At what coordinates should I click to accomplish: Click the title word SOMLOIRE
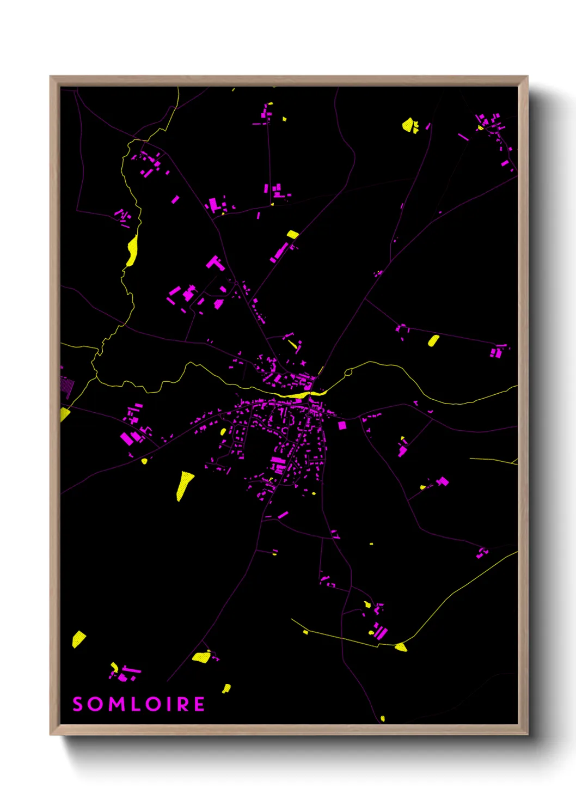tap(139, 704)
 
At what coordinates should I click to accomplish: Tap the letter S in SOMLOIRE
tap(78, 704)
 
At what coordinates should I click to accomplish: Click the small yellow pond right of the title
tap(226, 688)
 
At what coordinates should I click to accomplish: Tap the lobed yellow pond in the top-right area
tap(409, 125)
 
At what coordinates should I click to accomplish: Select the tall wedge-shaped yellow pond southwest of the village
tap(184, 485)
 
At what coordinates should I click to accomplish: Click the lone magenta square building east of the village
tap(342, 425)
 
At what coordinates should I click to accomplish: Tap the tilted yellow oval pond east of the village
tap(433, 341)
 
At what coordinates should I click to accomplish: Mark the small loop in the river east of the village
tap(348, 373)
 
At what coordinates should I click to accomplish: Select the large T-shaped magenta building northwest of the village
tap(215, 264)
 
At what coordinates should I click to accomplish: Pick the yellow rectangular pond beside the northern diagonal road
tap(292, 234)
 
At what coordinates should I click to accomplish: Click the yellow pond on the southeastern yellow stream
tap(401, 647)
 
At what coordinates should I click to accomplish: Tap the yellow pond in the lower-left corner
tap(79, 639)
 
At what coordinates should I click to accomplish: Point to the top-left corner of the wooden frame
tap(51, 77)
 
